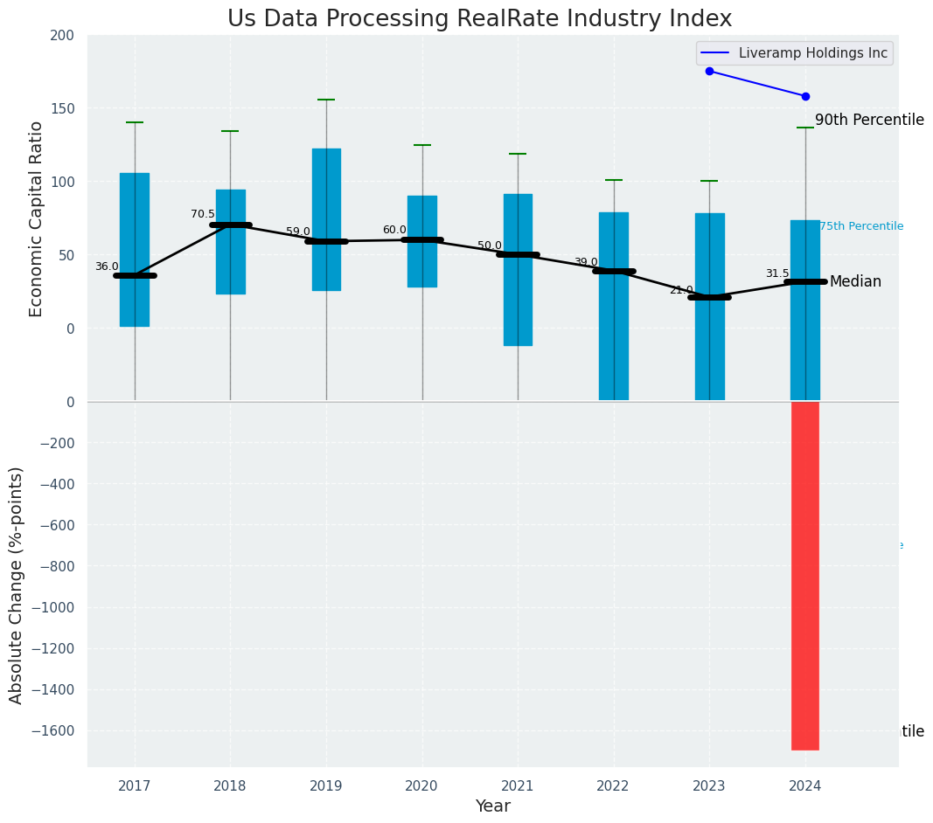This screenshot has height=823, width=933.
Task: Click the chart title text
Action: (479, 19)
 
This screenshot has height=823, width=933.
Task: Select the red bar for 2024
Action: (804, 575)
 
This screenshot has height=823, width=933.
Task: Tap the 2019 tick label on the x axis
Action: (326, 786)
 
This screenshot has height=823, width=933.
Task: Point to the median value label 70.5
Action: (202, 214)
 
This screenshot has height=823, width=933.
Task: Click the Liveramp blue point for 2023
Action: (709, 71)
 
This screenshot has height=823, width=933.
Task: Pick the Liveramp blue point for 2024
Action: (805, 96)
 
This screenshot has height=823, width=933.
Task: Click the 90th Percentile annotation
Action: (868, 121)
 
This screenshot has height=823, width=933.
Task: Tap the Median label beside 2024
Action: (855, 281)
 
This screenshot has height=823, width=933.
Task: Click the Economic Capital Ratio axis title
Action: (37, 218)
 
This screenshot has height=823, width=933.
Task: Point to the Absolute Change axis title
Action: (17, 584)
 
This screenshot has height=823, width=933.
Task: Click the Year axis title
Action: (492, 806)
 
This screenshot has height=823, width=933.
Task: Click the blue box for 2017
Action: (135, 249)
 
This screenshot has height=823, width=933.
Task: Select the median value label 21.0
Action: (681, 290)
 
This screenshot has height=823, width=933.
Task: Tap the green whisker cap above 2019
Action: (326, 100)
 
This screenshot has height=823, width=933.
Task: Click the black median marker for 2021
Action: (518, 254)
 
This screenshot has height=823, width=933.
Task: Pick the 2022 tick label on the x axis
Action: (613, 786)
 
